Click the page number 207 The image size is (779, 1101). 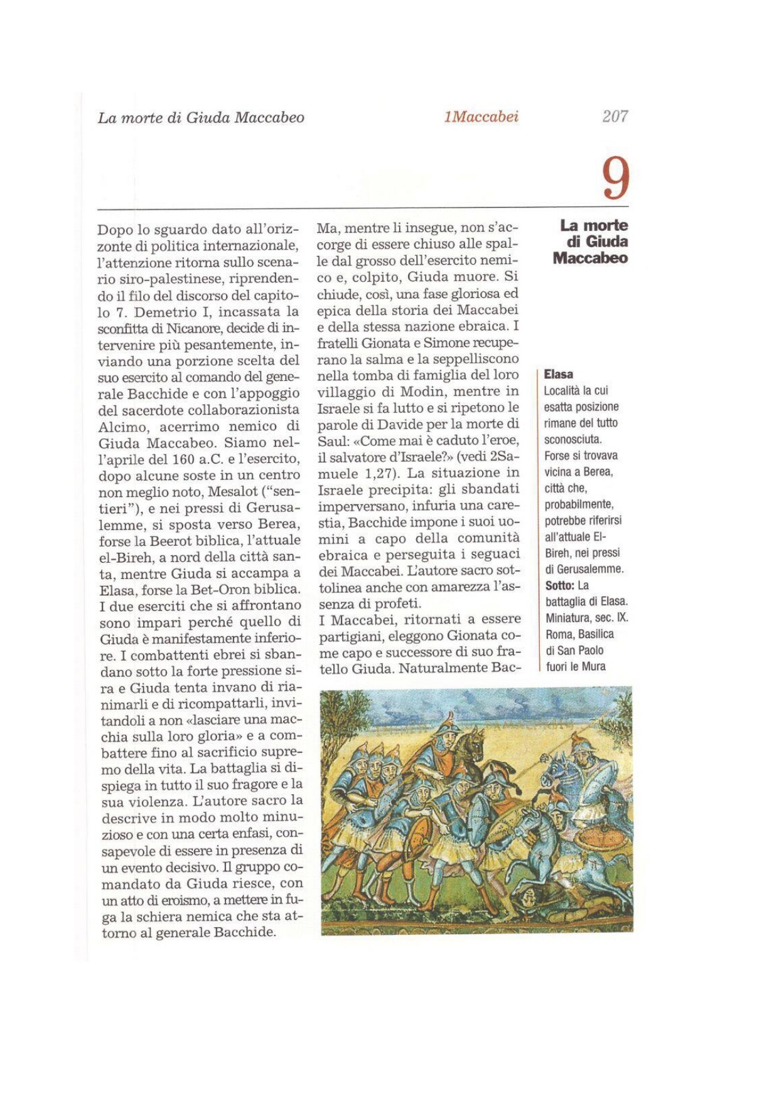tap(615, 116)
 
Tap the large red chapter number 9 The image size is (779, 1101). tap(615, 179)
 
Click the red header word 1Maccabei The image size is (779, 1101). tap(481, 117)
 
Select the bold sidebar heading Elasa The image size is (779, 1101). tap(558, 375)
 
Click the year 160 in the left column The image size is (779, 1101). tap(183, 459)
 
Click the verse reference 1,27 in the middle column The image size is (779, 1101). tap(377, 472)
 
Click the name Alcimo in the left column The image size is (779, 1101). tap(122, 426)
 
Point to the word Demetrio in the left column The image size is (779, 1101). tap(164, 312)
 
